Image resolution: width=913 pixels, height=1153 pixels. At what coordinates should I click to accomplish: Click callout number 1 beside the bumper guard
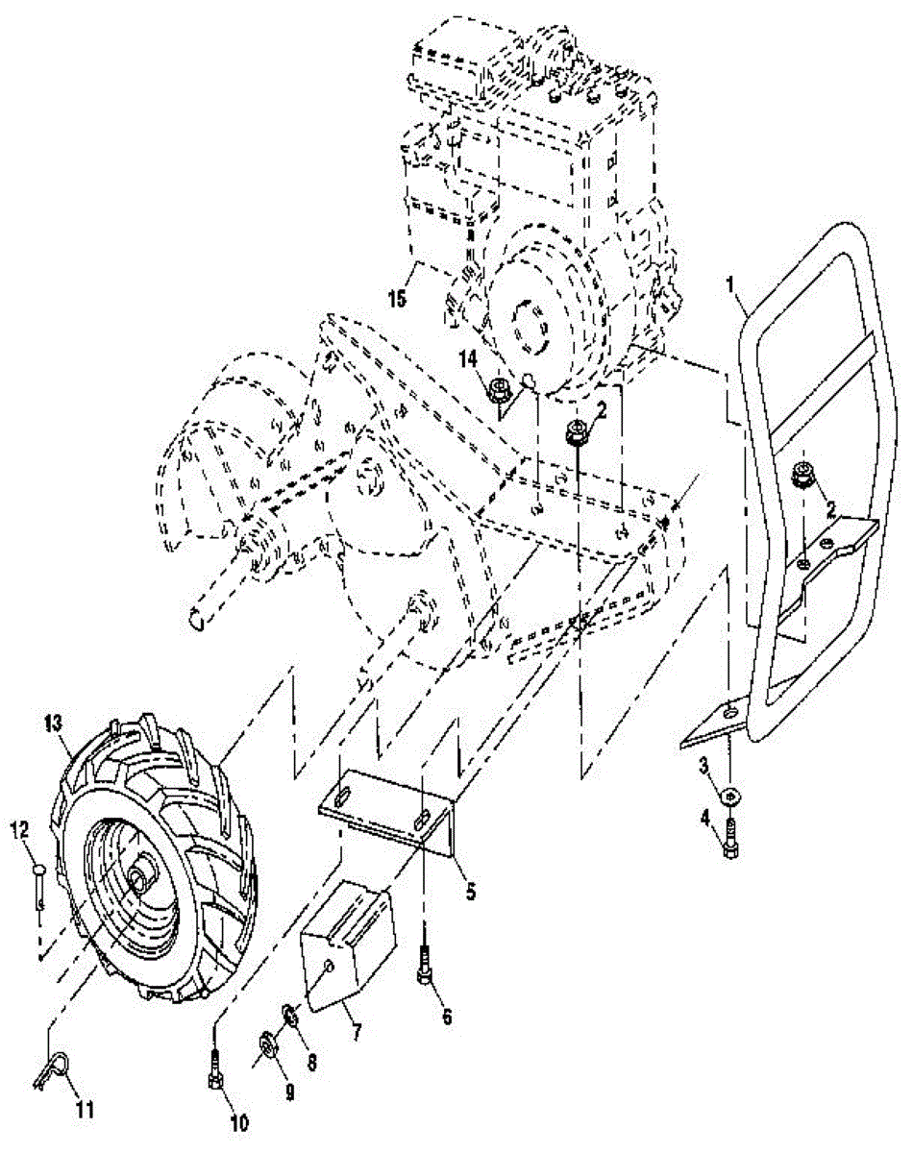click(732, 283)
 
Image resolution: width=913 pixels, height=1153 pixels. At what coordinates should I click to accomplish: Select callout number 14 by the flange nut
click(468, 359)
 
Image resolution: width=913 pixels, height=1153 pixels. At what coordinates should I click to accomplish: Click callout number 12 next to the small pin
click(21, 827)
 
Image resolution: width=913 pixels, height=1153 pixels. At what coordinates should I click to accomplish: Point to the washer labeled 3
click(730, 795)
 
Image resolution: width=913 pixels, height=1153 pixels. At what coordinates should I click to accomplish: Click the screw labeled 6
click(425, 964)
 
